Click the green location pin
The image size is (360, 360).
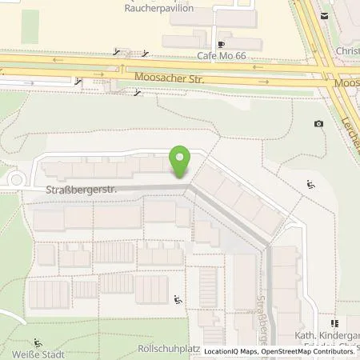tap(182, 162)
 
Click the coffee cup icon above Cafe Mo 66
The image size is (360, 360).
tap(220, 44)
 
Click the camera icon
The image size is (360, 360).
tap(319, 123)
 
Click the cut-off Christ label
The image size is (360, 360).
tap(347, 50)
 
